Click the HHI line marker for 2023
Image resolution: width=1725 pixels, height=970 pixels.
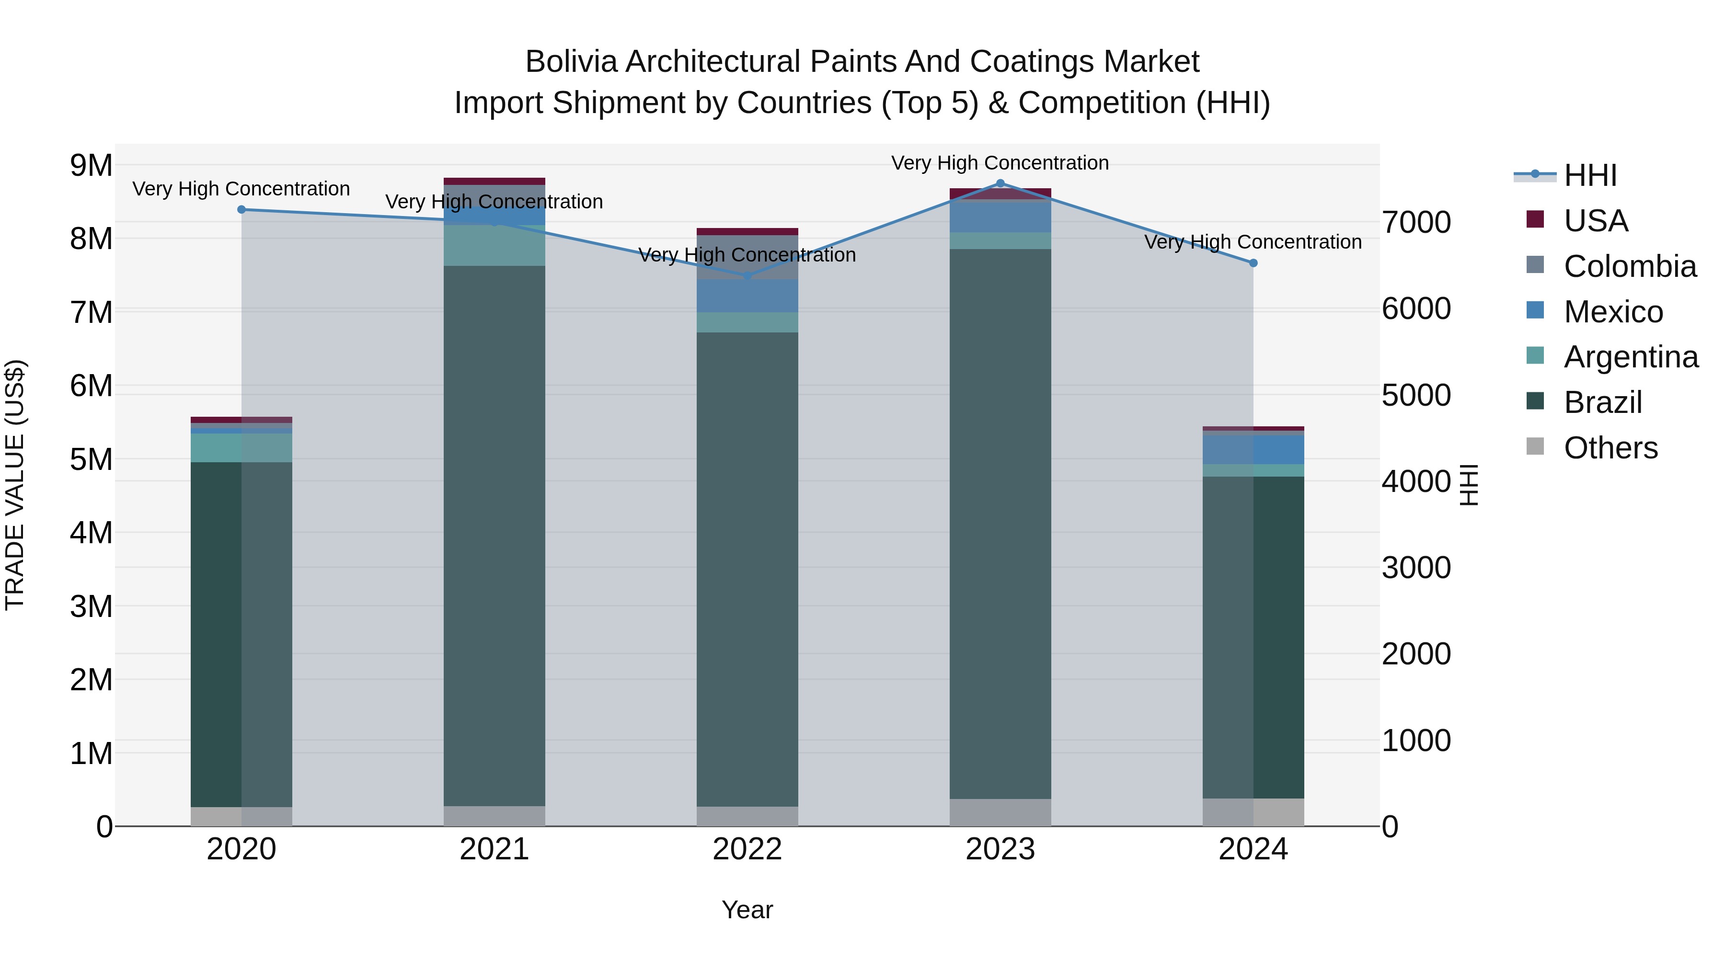click(x=1000, y=183)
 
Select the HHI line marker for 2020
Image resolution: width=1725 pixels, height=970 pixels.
click(x=242, y=209)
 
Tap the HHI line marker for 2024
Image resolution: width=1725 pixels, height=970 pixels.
click(x=1253, y=263)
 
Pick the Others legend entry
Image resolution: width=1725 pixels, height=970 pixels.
click(x=1610, y=448)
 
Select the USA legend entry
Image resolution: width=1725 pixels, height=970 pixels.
click(x=1595, y=221)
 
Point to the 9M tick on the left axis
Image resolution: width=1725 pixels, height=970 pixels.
click(x=91, y=165)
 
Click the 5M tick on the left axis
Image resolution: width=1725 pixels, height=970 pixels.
click(x=91, y=459)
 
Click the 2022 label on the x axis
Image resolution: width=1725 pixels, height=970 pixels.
click(x=747, y=849)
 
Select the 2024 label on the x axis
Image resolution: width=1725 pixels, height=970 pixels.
click(x=1253, y=849)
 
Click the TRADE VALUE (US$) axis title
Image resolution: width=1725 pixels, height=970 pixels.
click(x=15, y=485)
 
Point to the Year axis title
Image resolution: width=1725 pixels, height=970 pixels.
click(x=747, y=910)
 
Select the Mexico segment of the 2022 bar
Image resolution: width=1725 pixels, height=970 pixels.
click(x=747, y=296)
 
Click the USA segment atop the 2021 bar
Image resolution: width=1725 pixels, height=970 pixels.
click(x=494, y=181)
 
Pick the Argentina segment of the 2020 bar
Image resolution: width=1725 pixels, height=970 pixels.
click(x=242, y=448)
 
